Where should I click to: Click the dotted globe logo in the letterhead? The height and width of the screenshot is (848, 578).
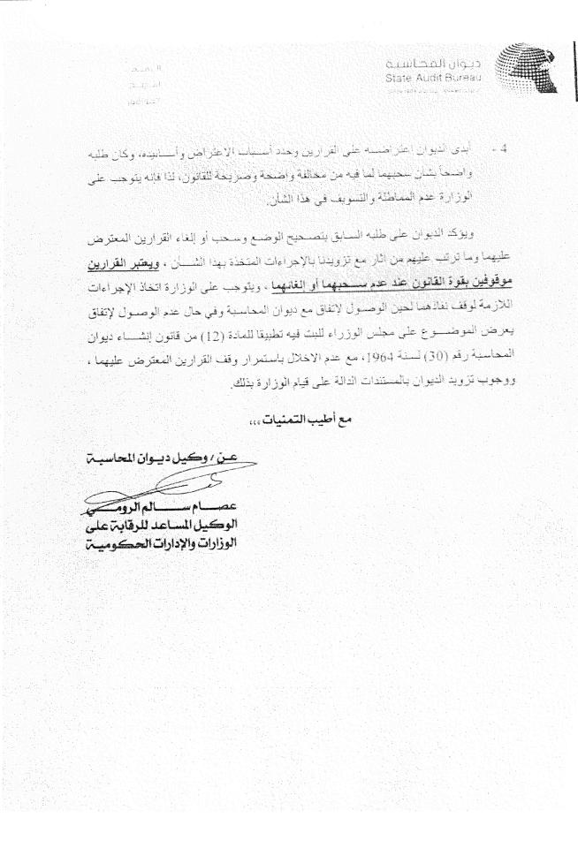(522, 71)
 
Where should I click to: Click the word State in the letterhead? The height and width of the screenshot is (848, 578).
(401, 79)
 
